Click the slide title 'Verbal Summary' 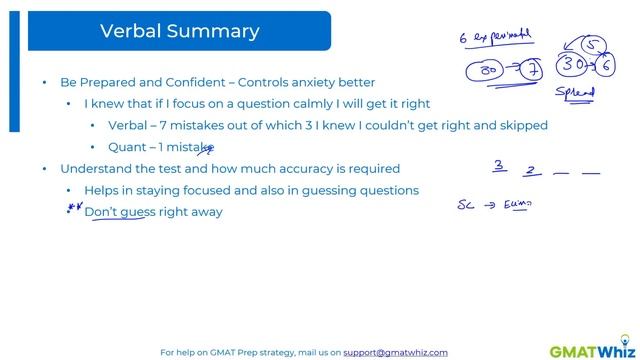click(x=179, y=31)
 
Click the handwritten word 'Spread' click(x=575, y=94)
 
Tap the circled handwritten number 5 click(x=594, y=44)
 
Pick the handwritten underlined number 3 click(x=498, y=166)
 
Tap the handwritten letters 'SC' click(x=465, y=206)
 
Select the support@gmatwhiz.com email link click(x=395, y=353)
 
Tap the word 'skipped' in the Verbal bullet click(x=522, y=125)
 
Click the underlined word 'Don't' click(x=101, y=212)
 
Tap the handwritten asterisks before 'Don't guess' click(x=72, y=210)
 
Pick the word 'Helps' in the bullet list click(x=103, y=190)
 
